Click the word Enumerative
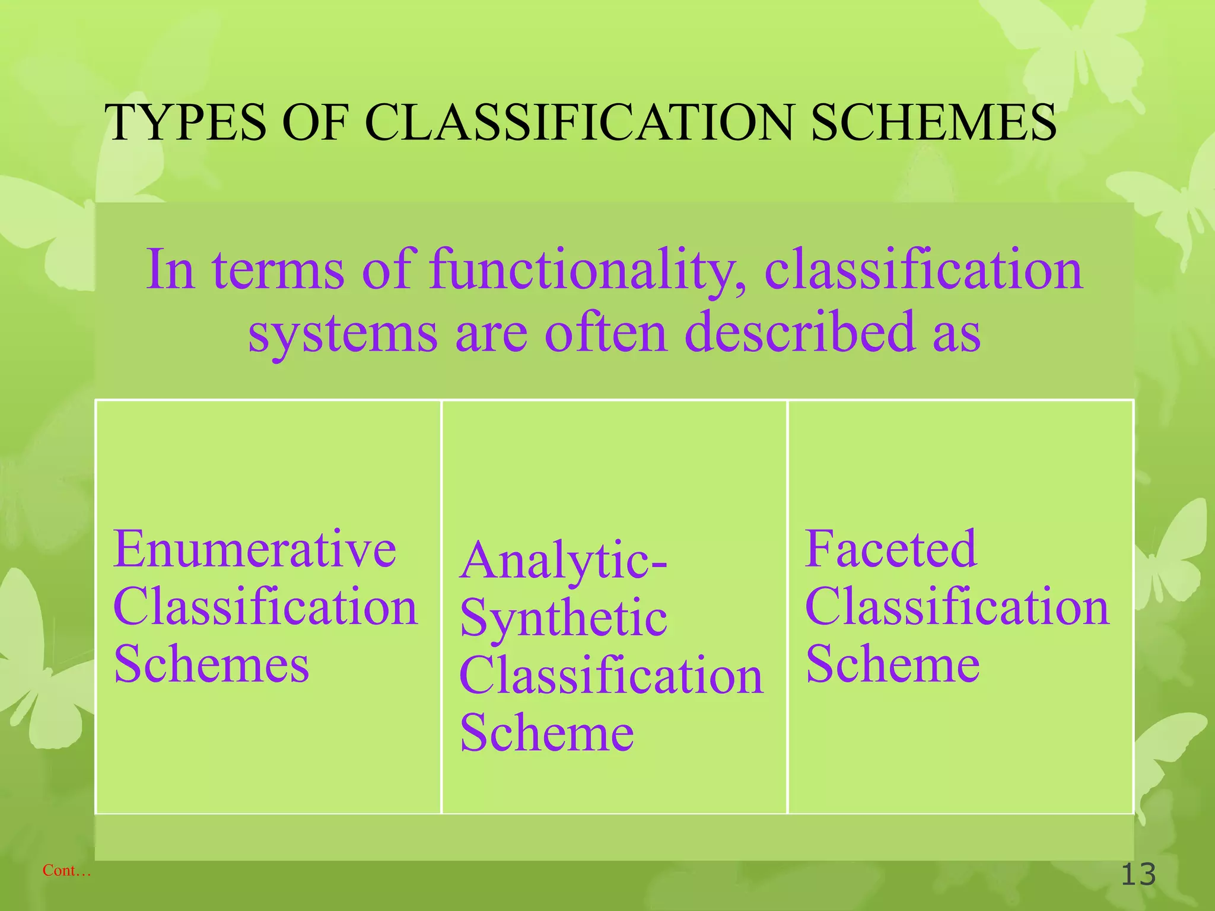point(255,549)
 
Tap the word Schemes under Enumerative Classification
point(211,664)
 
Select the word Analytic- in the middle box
point(563,561)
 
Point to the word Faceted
point(890,549)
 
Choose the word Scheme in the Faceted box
point(892,664)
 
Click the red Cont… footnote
point(66,871)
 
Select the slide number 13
point(1138,875)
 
